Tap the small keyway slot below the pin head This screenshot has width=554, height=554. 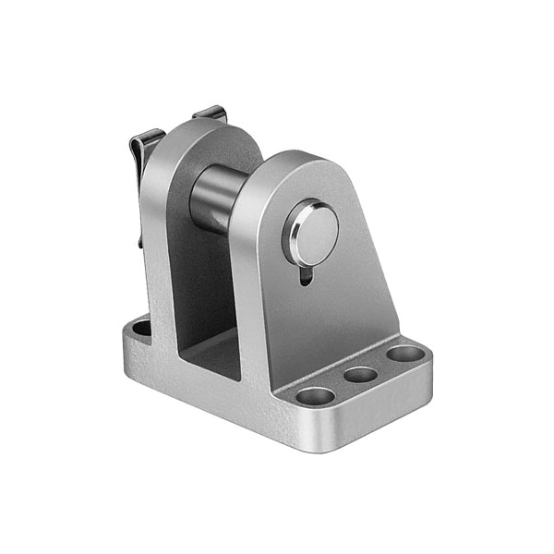[307, 274]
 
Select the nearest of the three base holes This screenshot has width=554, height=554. [316, 396]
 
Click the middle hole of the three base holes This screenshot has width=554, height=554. [360, 375]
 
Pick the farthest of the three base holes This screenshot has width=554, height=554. [403, 354]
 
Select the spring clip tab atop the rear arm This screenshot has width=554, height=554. [211, 114]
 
